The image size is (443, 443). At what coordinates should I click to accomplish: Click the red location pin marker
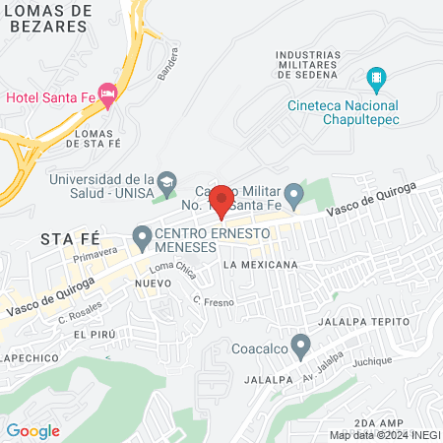tap(221, 201)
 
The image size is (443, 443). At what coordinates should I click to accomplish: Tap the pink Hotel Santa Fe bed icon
tap(108, 95)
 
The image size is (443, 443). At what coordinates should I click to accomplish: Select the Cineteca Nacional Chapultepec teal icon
tap(375, 77)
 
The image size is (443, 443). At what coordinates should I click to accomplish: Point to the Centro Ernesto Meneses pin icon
tap(142, 236)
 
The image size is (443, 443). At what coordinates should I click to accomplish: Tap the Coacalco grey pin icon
tap(301, 345)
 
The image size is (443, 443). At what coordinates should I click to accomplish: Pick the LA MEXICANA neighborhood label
tap(260, 266)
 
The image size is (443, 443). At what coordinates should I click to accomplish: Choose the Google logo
tap(32, 430)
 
